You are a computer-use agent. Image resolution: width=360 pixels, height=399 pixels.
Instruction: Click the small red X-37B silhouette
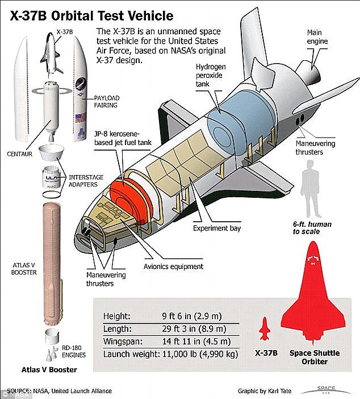[263, 329]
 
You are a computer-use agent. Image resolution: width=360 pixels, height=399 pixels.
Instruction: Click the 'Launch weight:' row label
[129, 355]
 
